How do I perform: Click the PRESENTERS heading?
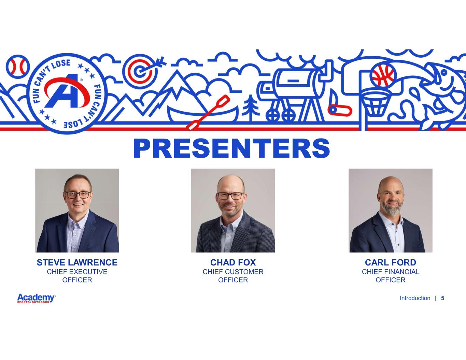(x=231, y=148)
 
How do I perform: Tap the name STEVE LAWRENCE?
(x=77, y=262)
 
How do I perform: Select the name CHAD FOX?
(x=233, y=262)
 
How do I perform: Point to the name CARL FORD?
(x=390, y=262)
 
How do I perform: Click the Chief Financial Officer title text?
(x=390, y=276)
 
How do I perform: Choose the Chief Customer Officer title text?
(x=233, y=276)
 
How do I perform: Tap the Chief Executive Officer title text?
(x=77, y=276)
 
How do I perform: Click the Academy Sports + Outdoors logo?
(x=37, y=298)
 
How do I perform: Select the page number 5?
(x=442, y=298)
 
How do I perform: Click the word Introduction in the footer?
(x=415, y=298)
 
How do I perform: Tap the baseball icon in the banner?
(x=18, y=67)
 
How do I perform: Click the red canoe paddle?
(x=208, y=113)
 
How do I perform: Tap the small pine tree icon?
(x=250, y=108)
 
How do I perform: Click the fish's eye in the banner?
(x=444, y=73)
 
